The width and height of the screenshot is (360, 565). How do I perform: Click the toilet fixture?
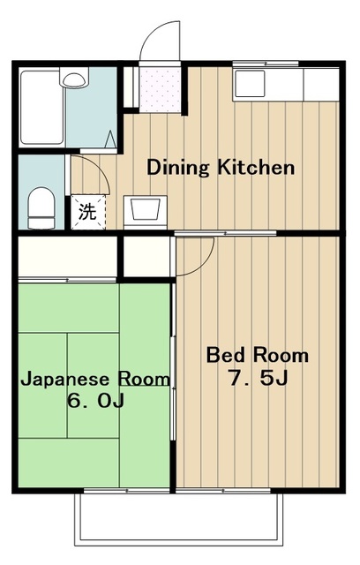[x=41, y=208]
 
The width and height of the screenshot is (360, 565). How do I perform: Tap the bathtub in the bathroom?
[x=41, y=108]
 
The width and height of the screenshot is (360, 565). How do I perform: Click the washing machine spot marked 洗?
[x=88, y=212]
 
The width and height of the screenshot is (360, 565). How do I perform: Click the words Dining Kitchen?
[x=221, y=168]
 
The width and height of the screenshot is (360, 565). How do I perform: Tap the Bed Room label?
[x=258, y=355]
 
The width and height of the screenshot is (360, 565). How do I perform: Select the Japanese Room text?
[x=95, y=380]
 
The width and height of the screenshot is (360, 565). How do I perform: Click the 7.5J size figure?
[x=259, y=378]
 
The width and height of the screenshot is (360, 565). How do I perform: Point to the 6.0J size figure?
[x=96, y=400]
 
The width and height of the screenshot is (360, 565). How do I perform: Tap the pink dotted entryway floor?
[x=160, y=89]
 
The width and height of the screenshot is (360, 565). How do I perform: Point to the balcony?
[x=179, y=518]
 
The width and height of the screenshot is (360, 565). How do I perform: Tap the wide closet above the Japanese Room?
[x=68, y=257]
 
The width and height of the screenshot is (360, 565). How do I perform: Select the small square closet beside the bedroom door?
[x=146, y=256]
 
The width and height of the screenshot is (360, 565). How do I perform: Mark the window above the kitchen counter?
[x=266, y=64]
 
